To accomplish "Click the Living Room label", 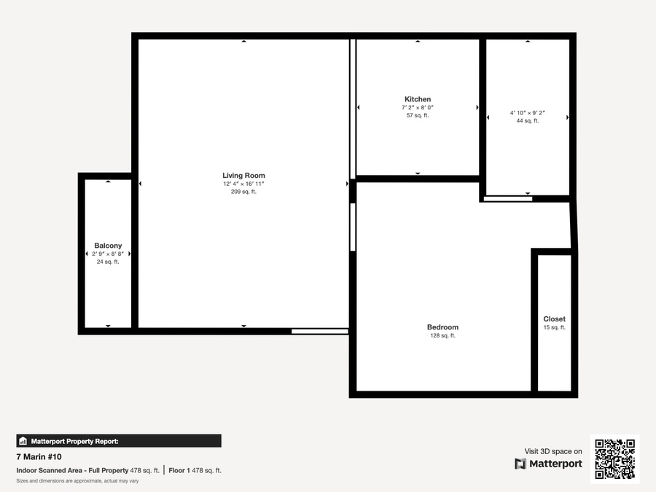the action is pos(243,175).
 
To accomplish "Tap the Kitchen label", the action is pos(418,99).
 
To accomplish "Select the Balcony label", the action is pos(108,246).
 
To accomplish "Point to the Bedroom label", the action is pos(442,327).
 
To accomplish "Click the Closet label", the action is pos(555,319).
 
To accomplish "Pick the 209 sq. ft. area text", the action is pos(243,192).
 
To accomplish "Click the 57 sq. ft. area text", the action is pos(418,115).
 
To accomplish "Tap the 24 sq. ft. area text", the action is pos(108,262).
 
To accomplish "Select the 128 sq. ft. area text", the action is pos(442,335).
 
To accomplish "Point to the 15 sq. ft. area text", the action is pos(555,327).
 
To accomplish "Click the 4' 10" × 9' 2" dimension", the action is pos(528,113).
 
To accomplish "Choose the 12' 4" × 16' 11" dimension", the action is pos(243,184).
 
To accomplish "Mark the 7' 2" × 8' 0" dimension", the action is pos(418,108).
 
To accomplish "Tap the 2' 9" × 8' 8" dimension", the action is pos(108,254).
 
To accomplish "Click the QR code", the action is pos(615,459).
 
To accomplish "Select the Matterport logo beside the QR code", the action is pos(548,464).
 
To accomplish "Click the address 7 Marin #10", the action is pos(39,457).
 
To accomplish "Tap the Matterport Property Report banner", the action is pos(119,441).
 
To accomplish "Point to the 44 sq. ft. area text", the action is pos(528,121).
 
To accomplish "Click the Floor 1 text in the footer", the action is pos(179,471).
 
